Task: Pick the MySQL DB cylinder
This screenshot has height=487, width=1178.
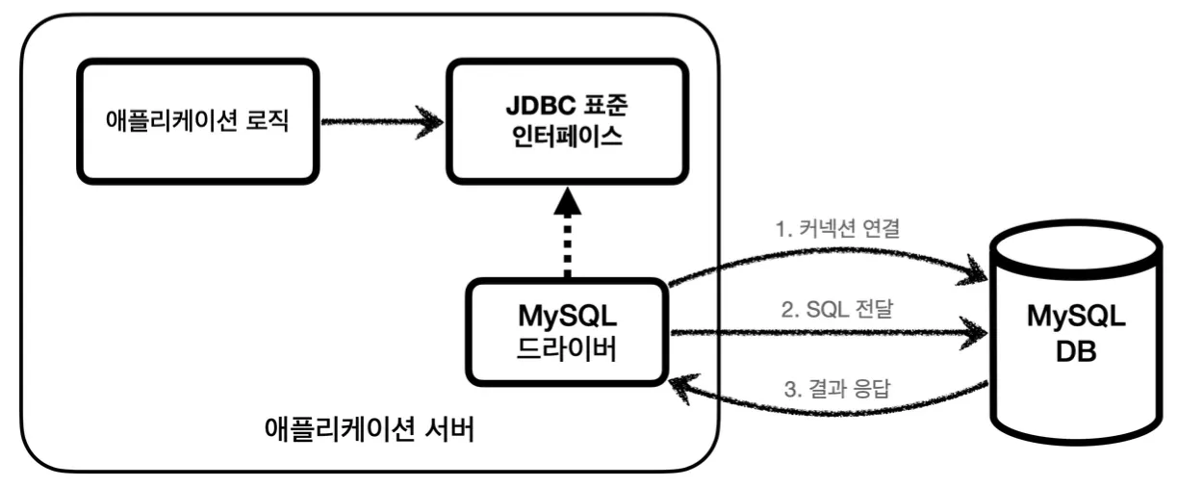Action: point(1076,332)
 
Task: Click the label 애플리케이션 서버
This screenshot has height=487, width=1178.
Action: point(370,429)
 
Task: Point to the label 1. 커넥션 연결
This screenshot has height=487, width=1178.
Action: point(837,228)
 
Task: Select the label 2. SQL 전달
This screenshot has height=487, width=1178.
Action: point(836,309)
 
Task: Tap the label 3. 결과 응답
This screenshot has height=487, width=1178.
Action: point(837,389)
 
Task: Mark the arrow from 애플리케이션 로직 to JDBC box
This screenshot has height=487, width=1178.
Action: point(382,122)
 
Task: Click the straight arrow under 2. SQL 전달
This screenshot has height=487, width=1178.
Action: point(829,332)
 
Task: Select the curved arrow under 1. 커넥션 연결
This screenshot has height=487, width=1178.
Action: point(829,251)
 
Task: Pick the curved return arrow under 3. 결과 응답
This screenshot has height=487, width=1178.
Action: point(829,411)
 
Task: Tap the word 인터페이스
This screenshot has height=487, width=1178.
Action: point(567,137)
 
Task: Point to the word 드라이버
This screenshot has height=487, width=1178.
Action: point(567,349)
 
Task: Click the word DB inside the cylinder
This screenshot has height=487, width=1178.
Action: point(1076,351)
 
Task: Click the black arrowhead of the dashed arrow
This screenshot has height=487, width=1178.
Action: point(568,202)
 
